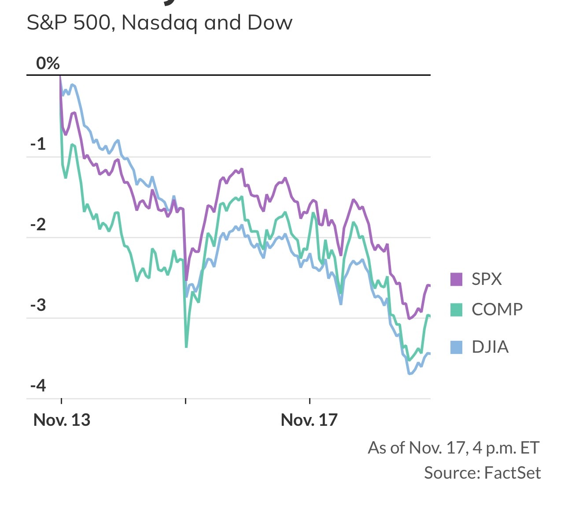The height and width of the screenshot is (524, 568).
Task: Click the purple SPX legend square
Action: (x=456, y=279)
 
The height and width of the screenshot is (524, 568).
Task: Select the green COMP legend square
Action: (x=456, y=310)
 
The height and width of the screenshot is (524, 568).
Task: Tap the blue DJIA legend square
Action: (x=456, y=347)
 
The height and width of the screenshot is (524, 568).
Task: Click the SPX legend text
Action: (x=487, y=279)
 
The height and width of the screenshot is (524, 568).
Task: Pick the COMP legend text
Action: (x=497, y=310)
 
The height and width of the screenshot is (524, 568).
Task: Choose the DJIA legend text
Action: (x=490, y=347)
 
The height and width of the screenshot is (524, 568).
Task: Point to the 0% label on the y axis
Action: (x=48, y=64)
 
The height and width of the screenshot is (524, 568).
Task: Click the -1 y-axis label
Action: (x=38, y=144)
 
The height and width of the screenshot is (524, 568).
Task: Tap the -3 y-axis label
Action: (x=38, y=305)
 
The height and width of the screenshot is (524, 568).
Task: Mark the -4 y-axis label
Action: (x=38, y=386)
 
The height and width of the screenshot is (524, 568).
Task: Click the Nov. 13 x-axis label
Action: (x=62, y=420)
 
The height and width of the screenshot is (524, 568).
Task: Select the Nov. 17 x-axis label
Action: (x=309, y=420)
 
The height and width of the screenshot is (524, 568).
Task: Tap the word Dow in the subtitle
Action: (x=269, y=23)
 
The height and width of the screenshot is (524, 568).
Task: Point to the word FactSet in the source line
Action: (x=512, y=473)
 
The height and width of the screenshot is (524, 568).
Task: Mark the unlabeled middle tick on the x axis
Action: (x=186, y=400)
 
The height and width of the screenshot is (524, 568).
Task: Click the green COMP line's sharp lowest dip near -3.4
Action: (x=186, y=347)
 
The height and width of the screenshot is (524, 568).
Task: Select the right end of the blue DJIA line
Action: (x=429, y=354)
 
